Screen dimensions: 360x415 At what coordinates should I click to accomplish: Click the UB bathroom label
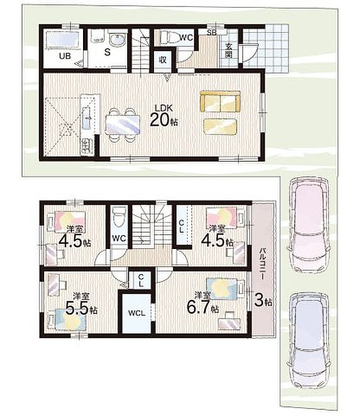65,56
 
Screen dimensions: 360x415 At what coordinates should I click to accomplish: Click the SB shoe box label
212,33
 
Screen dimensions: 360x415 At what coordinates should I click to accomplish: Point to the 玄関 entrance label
228,50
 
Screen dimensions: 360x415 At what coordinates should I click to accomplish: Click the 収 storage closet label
163,60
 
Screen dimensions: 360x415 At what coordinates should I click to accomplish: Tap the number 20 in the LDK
159,120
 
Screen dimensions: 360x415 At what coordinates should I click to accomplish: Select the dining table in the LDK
123,125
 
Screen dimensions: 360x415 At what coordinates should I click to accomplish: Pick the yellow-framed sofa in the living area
220,102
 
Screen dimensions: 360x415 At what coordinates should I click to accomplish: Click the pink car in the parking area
309,225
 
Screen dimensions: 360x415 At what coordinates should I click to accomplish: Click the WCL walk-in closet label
136,313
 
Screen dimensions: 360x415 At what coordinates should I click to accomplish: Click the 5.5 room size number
77,308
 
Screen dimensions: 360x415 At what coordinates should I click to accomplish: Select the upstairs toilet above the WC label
118,216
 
